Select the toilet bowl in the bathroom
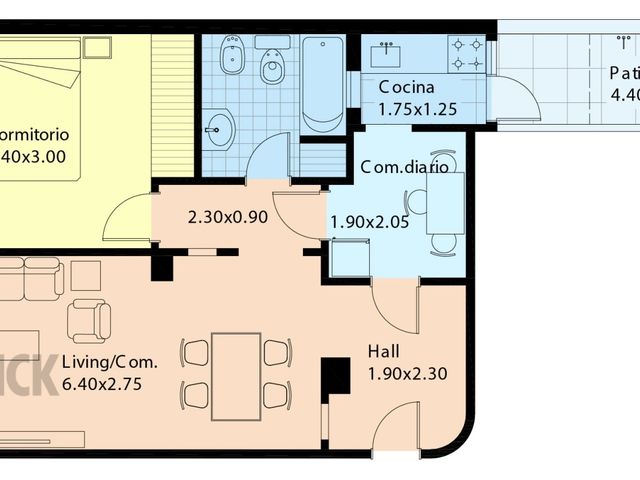coord(271,66)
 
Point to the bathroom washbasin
coord(219,129)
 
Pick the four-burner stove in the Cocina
coord(465,53)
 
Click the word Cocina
coord(406,87)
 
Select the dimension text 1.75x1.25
coord(417,108)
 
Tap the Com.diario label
coord(404,167)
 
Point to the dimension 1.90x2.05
coord(369,223)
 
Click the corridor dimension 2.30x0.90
coord(227,216)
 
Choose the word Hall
coord(383,352)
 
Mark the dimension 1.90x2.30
coord(407,374)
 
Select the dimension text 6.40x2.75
coord(102,383)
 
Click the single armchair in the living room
coord(89,321)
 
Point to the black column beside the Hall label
coord(334,376)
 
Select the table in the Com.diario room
coord(444,203)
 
